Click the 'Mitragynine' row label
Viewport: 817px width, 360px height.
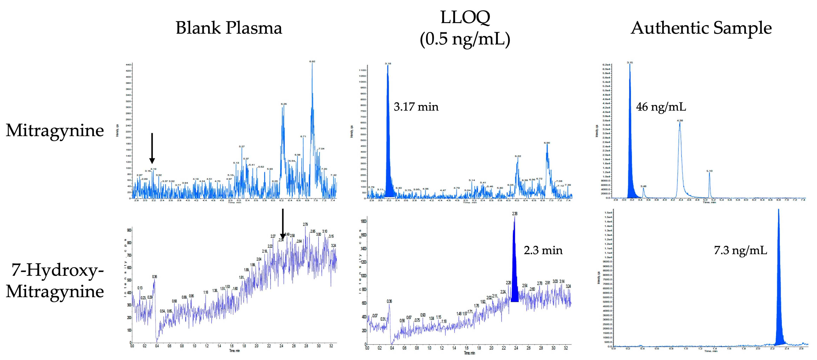55,130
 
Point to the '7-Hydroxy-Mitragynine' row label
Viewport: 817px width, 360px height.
55,281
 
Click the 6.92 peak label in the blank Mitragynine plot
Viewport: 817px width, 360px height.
312,61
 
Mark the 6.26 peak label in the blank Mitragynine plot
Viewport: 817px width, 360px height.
284,104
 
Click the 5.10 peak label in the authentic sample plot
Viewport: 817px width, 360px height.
710,171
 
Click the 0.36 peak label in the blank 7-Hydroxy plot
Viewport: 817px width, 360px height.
154,277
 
